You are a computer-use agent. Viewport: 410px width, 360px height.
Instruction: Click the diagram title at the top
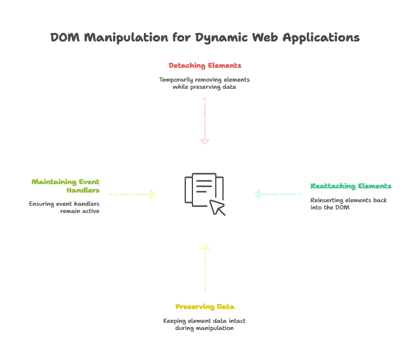[x=204, y=38]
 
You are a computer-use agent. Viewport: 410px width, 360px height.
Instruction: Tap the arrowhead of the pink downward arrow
[x=204, y=143]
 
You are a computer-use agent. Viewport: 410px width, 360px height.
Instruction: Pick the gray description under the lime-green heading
[x=66, y=207]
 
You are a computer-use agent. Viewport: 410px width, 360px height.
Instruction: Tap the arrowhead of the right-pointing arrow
[x=153, y=194]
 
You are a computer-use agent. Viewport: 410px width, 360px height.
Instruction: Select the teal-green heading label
[x=350, y=187]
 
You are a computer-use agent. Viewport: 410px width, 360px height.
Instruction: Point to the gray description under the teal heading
[x=348, y=203]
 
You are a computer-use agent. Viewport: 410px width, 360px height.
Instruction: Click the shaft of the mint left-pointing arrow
[x=282, y=194]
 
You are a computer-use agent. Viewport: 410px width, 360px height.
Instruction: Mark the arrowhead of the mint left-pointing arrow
[x=259, y=194]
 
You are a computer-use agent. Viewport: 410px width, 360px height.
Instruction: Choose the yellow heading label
[x=204, y=307]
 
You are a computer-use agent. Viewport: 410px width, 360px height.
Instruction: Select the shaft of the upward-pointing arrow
[x=204, y=270]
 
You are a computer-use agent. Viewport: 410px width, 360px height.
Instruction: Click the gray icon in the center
[x=204, y=193]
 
